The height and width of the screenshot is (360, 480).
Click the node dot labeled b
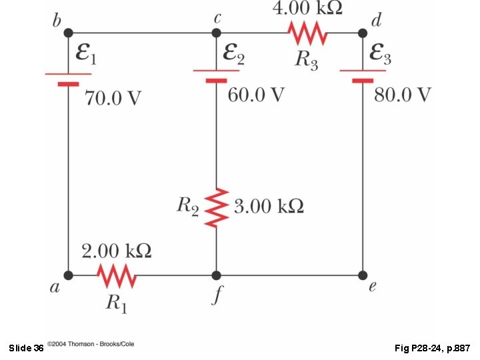pyautogui.click(x=69, y=32)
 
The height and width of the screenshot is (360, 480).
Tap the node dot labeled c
pyautogui.click(x=216, y=32)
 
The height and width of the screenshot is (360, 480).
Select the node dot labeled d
pyautogui.click(x=363, y=32)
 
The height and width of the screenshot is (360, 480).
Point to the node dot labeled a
pyautogui.click(x=69, y=275)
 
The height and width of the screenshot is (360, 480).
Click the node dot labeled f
pyautogui.click(x=216, y=275)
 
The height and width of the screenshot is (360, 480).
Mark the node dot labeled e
pyautogui.click(x=363, y=275)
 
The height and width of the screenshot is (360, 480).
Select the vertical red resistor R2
pyautogui.click(x=216, y=207)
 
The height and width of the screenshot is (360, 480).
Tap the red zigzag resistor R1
pyautogui.click(x=117, y=275)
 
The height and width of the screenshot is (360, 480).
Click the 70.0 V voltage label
pyautogui.click(x=113, y=99)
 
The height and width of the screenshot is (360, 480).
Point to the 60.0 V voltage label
pyautogui.click(x=256, y=95)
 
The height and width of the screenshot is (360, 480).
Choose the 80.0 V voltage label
pyautogui.click(x=402, y=95)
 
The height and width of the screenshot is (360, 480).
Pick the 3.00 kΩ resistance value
pyautogui.click(x=269, y=206)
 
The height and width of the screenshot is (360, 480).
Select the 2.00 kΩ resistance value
pyautogui.click(x=116, y=251)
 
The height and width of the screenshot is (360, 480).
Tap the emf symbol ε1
pyautogui.click(x=85, y=55)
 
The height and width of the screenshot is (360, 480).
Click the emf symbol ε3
pyautogui.click(x=380, y=55)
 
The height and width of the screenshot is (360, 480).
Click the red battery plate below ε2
pyautogui.click(x=216, y=80)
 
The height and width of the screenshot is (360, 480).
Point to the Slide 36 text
pyautogui.click(x=27, y=348)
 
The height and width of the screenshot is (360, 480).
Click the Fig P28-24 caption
pyautogui.click(x=433, y=348)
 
